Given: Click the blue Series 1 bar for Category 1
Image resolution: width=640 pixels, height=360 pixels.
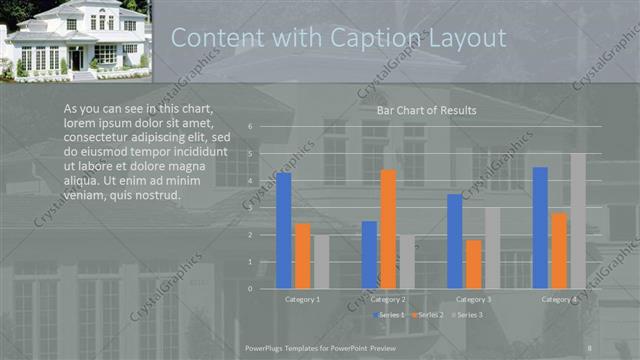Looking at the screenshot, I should coord(284,230).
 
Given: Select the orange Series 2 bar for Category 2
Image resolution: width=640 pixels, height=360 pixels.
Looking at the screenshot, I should coord(388,228).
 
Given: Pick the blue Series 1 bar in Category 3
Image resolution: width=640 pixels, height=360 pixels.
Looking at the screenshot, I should coord(455,240).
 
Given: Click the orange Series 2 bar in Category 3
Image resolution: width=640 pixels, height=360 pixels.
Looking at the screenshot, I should coord(473,263).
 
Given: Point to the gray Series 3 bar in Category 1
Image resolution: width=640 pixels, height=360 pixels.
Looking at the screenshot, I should coord(321,261).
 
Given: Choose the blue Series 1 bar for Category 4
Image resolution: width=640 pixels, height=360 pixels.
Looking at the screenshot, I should coord(540,227).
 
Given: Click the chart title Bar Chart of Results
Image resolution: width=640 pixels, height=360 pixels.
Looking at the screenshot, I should coord(426,110).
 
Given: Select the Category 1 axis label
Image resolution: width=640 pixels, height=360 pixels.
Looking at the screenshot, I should coord(303,299).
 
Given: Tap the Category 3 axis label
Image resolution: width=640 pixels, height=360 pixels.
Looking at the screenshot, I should coord(473,299).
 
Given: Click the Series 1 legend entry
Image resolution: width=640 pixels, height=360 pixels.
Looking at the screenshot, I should coord(390,315).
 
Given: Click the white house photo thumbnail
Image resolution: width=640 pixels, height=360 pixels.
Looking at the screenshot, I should coord(75,39).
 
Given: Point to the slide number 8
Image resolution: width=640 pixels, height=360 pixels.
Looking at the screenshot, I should coord(592,346).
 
